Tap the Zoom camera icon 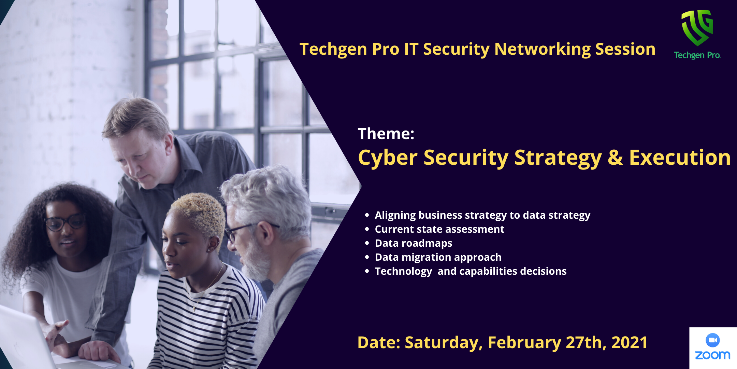[x=713, y=340]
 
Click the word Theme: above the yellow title [x=386, y=134]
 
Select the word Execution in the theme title [x=680, y=158]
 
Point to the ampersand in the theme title [x=615, y=158]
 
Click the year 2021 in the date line [x=629, y=343]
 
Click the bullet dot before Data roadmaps [x=367, y=243]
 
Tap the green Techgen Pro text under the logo [x=697, y=55]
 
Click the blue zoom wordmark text [x=713, y=355]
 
